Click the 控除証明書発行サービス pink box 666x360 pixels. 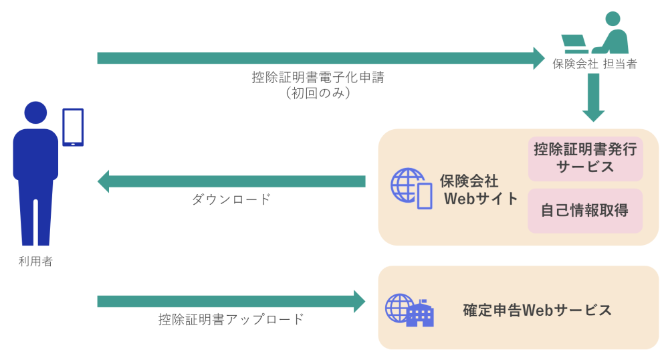pos(585,159)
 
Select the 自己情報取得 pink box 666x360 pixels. pos(585,211)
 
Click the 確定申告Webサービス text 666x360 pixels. pos(537,310)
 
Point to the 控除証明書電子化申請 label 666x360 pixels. pos(318,78)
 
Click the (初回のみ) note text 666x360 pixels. pos(318,94)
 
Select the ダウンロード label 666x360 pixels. pos(231,199)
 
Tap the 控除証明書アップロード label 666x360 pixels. pos(231,319)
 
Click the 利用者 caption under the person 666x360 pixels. pos(35,262)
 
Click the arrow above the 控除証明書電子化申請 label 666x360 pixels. pos(321,58)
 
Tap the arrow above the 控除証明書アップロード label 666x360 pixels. pos(231,301)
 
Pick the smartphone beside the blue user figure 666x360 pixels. pos(73,127)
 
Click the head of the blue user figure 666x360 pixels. pos(35,113)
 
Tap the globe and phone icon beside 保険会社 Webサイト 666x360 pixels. pos(411,188)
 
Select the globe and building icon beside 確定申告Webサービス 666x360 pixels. pos(409,310)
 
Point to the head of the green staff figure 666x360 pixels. pos(615,20)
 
